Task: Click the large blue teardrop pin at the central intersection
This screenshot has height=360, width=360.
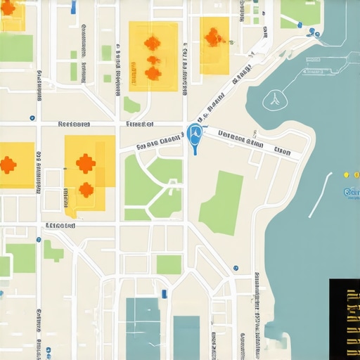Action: coord(195,134)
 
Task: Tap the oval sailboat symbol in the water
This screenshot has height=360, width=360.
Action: coord(273,101)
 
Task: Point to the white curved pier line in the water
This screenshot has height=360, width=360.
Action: coord(319,194)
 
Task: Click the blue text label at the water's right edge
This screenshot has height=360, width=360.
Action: coord(351,191)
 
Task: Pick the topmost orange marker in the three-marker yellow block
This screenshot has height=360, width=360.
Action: coord(152,43)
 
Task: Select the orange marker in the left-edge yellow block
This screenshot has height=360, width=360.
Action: coord(8,165)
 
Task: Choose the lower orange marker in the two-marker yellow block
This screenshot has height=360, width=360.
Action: coord(86,189)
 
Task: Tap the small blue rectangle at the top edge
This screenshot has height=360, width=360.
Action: coord(74,7)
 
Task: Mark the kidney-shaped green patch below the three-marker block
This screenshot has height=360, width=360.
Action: coord(131,105)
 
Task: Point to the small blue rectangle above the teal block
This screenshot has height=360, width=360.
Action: coord(165,292)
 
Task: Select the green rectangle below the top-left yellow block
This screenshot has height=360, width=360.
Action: coord(15,48)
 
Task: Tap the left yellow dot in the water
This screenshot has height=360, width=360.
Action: coord(345,174)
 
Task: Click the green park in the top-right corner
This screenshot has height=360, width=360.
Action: coord(300,12)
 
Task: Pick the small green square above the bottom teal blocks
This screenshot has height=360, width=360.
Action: coord(169,264)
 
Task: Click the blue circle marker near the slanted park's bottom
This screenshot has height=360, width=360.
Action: coord(236,268)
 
